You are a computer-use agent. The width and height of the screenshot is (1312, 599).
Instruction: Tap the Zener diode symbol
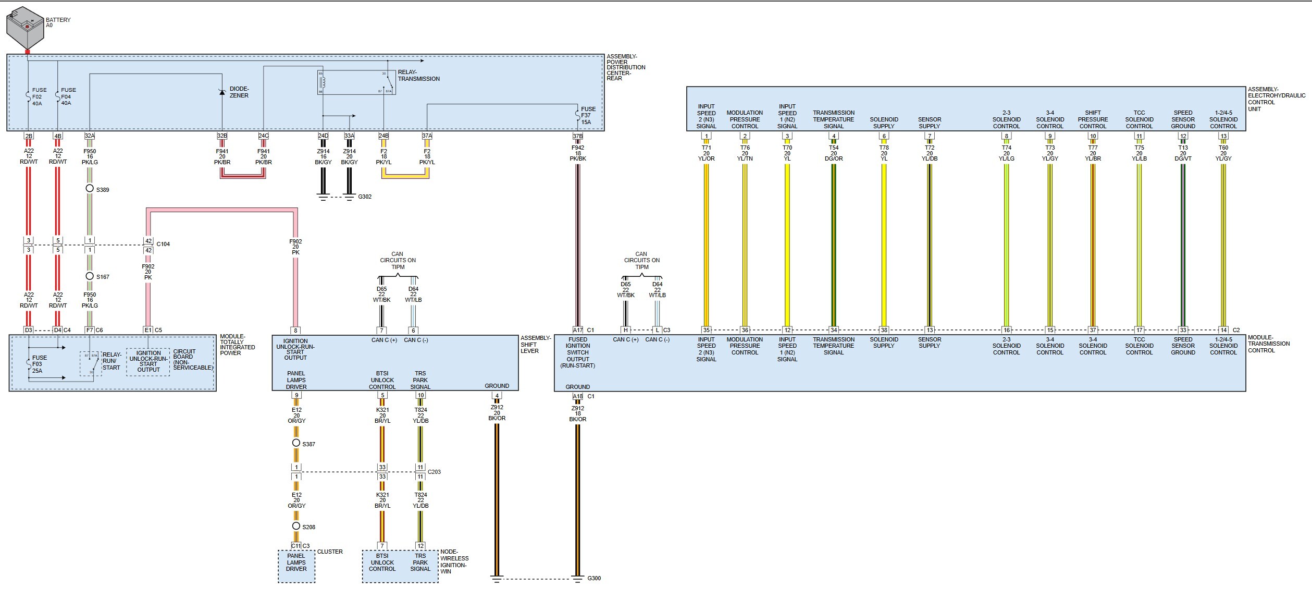[222, 92]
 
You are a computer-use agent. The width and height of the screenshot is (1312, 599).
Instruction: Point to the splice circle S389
[90, 188]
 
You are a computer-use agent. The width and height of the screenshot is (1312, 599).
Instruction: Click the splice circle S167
[90, 276]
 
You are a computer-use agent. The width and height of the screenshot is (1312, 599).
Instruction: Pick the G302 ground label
[365, 197]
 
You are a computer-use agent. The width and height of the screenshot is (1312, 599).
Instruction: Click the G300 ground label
[594, 578]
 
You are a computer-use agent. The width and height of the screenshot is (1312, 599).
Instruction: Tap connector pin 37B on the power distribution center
[578, 136]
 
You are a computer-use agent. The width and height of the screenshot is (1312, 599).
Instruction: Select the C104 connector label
[163, 244]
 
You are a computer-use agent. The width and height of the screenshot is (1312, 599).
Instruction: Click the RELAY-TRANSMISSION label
[418, 76]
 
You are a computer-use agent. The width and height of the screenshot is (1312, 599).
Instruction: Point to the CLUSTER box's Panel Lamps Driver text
[296, 563]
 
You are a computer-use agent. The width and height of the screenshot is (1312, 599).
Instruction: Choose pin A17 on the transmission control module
[578, 330]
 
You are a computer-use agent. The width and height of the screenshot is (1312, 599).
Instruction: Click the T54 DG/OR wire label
[834, 153]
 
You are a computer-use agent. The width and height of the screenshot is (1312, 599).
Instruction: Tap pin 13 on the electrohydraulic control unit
[1223, 136]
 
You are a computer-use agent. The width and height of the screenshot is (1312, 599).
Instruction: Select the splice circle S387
[296, 443]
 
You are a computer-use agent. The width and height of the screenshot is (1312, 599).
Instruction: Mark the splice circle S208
[296, 526]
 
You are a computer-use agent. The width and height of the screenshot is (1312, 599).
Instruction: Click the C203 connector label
[434, 472]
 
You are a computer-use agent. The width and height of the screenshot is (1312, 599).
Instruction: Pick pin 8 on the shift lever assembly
[295, 331]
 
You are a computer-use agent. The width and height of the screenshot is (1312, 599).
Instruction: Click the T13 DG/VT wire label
[1183, 153]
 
